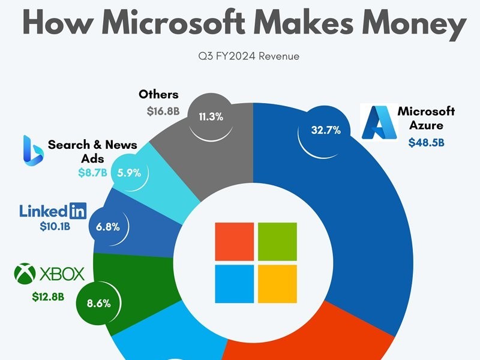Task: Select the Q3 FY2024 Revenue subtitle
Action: point(239,56)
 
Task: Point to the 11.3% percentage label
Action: point(211,117)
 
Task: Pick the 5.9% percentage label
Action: point(129,173)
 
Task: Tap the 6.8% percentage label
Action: point(107,227)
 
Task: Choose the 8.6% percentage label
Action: point(98,303)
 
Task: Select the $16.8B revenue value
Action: point(162,111)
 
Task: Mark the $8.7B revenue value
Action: point(93,173)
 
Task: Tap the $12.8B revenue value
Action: point(49,295)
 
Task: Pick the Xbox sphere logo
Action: point(25,274)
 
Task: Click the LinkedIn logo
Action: point(53,211)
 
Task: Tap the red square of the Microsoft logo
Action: point(234,240)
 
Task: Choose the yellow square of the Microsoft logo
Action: point(277,283)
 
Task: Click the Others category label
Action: point(158,94)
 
